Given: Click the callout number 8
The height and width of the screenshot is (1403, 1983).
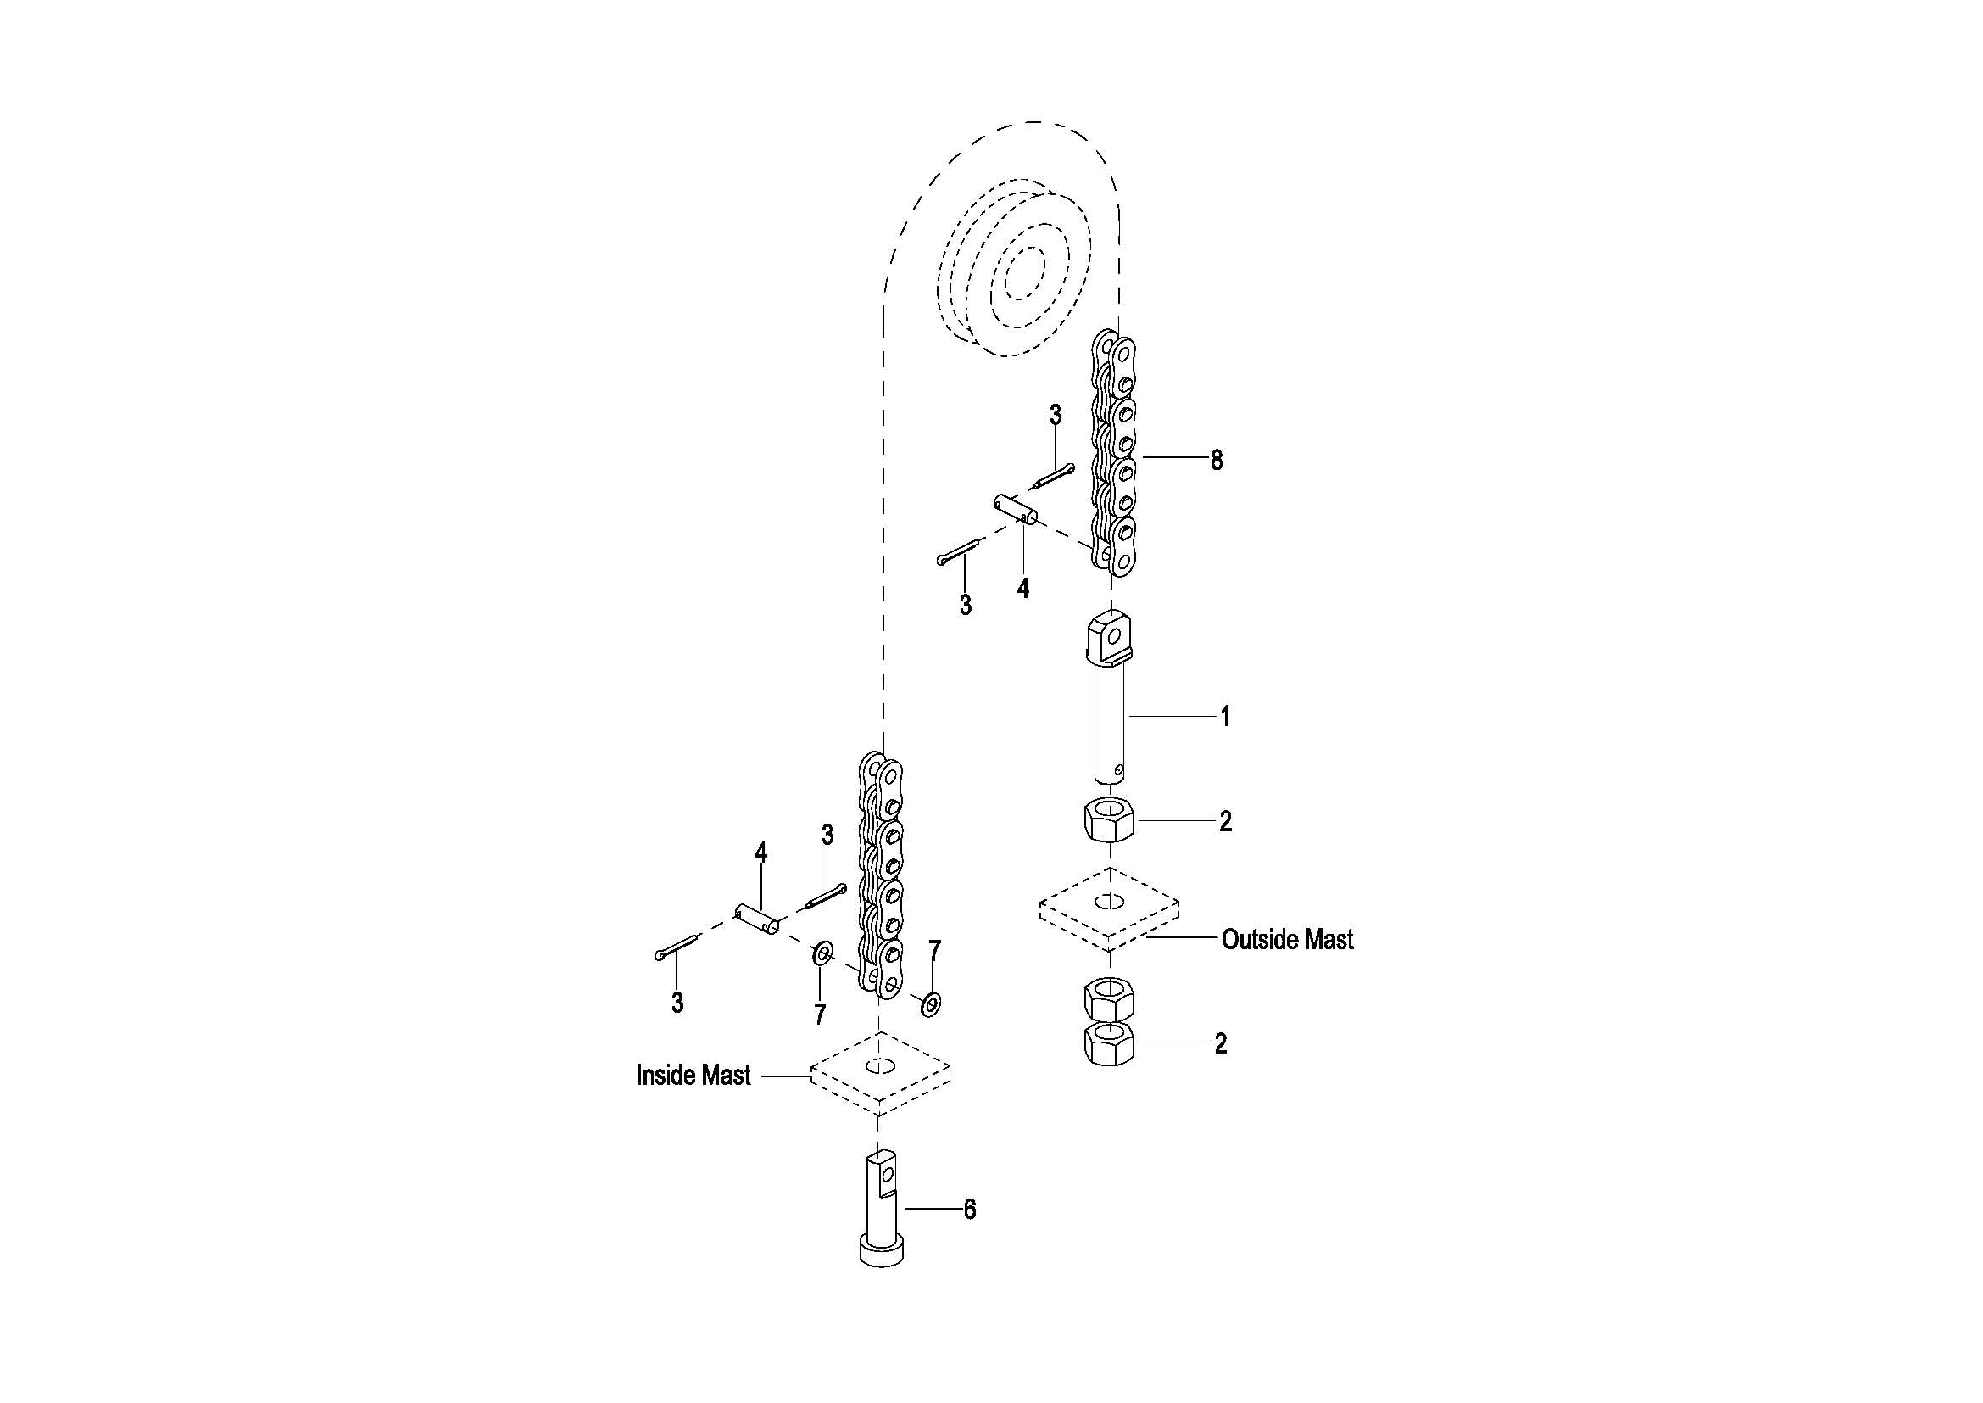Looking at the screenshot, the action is click(1216, 461).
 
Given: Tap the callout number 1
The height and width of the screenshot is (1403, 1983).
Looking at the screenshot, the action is click(1225, 716).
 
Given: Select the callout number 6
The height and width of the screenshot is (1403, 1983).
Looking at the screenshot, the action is click(970, 1210).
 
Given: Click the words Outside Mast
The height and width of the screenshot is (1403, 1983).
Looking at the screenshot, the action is click(1287, 940).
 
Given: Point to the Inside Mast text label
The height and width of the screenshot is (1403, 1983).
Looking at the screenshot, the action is click(693, 1076).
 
